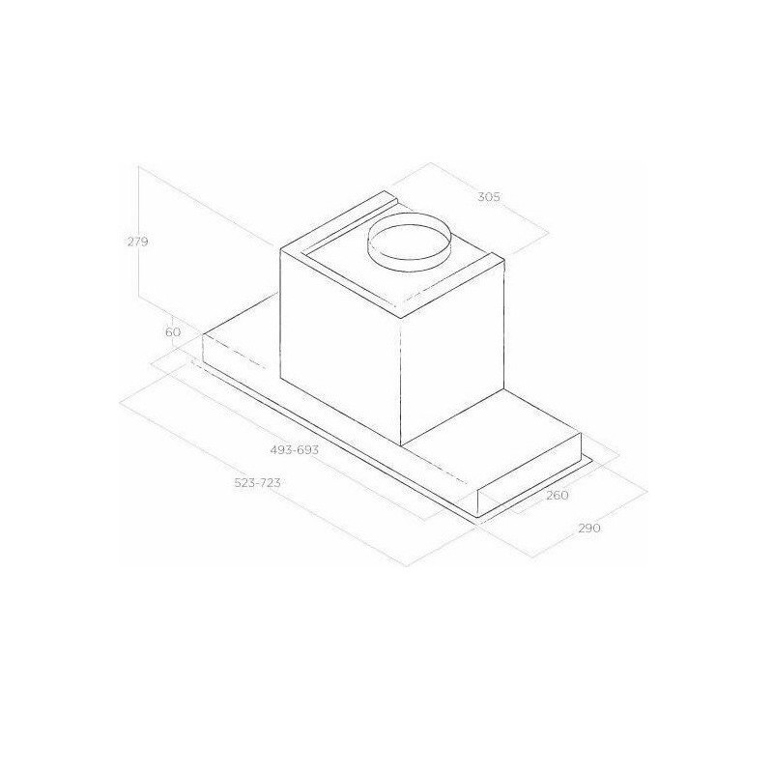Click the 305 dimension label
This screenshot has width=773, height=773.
(489, 197)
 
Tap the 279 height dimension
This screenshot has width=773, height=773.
(137, 243)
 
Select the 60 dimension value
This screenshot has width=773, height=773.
(173, 332)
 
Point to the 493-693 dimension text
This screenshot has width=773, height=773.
(295, 450)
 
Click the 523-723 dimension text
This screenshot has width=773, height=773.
(257, 483)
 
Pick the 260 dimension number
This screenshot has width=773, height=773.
(558, 495)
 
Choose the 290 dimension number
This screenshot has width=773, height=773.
(589, 529)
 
